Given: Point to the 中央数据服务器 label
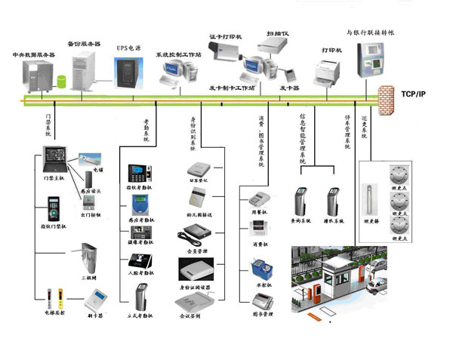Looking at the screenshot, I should [34, 54].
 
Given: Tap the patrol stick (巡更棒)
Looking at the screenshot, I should [371, 198].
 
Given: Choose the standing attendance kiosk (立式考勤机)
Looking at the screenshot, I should [141, 295].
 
